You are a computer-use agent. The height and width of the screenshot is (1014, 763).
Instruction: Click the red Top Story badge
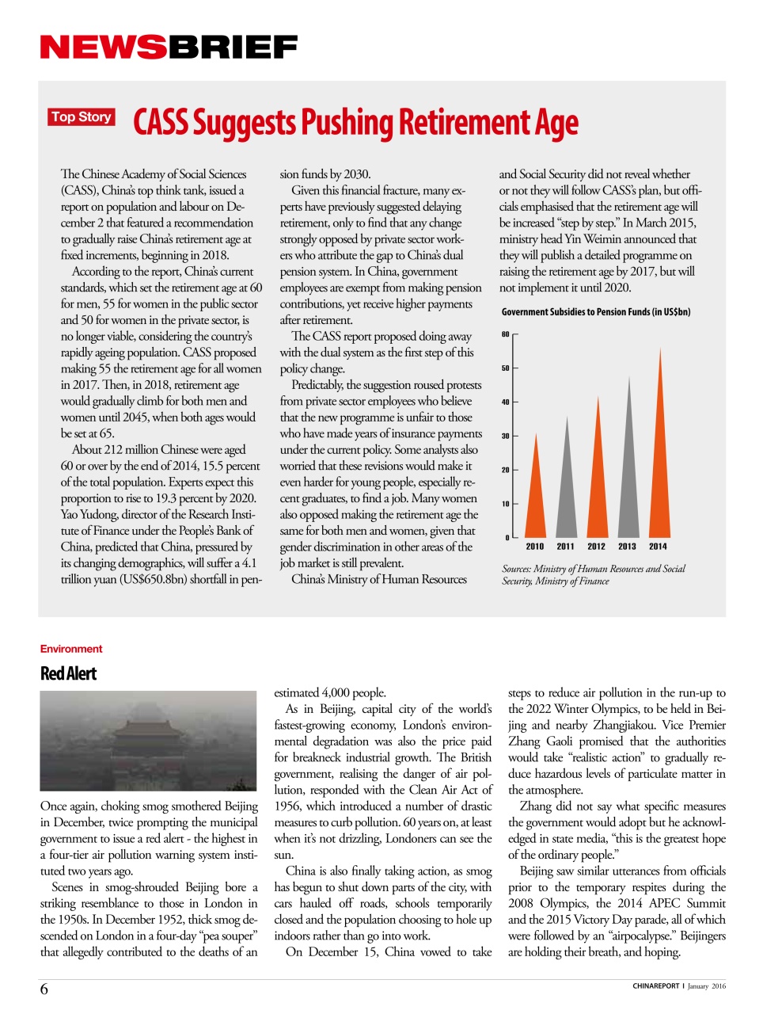(82, 117)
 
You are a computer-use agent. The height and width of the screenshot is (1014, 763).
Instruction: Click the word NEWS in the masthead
(103, 48)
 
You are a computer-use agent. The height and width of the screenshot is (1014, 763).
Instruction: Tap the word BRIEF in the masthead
(232, 48)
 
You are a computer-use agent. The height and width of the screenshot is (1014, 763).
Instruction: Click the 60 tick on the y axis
(506, 334)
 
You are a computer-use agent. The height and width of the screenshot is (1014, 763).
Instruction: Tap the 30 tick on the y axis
(506, 436)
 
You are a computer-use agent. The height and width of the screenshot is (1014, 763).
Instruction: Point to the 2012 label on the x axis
(596, 547)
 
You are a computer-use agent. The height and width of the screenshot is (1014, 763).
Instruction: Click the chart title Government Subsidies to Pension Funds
(595, 312)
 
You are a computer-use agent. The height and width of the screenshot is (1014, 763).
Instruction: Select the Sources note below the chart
(593, 575)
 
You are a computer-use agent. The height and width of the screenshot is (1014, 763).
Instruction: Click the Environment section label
(71, 649)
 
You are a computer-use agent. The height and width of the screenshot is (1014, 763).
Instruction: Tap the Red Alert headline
(68, 673)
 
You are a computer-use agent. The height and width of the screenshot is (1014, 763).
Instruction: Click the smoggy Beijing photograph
(148, 741)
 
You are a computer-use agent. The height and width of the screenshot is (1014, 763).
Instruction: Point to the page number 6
(44, 989)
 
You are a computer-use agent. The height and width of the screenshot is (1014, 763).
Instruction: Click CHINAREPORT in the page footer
(656, 986)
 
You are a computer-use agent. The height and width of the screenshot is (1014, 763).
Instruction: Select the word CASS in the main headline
(161, 124)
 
